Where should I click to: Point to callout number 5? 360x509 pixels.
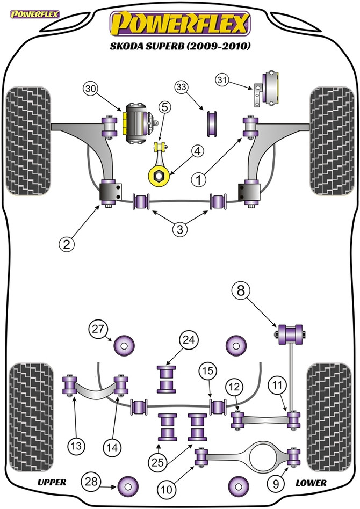pos(164,107)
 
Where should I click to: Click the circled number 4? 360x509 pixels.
pos(197,153)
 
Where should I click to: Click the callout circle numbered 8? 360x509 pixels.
pos(242,292)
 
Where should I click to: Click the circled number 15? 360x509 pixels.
pos(208,371)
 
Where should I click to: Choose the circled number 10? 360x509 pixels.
pos(165,489)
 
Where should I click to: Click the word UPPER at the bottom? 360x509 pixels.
pos(52,482)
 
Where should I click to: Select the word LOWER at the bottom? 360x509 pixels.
pos(311,483)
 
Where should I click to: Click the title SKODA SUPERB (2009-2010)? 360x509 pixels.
pos(180,46)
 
